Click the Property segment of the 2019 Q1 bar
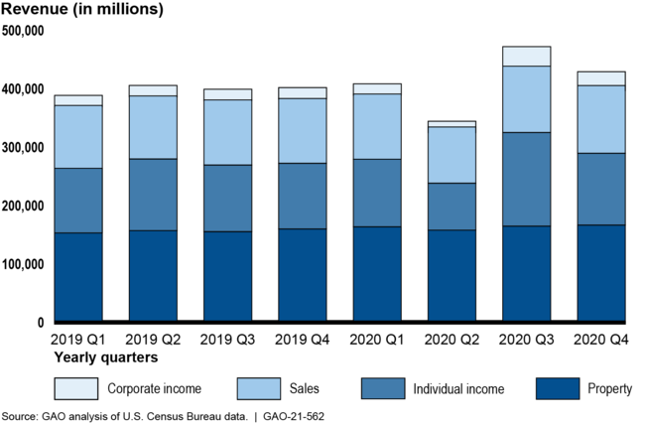(78, 277)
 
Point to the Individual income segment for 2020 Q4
(600, 189)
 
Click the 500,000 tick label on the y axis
(23, 31)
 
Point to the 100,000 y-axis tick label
(23, 265)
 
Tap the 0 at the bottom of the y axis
(41, 323)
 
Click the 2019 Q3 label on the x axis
(227, 340)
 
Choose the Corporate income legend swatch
(76, 388)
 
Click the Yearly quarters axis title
(99, 356)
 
